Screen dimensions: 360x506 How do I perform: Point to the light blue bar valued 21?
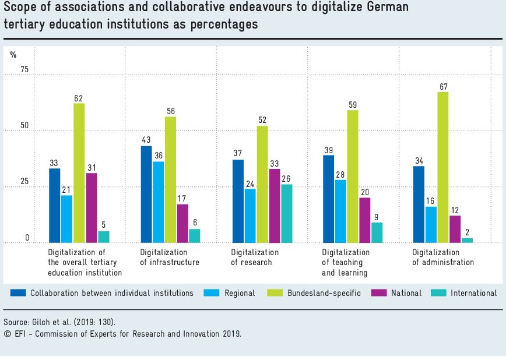(66, 219)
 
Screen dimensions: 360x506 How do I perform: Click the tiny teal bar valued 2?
(468, 240)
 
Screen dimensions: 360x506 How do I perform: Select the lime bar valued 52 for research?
(262, 184)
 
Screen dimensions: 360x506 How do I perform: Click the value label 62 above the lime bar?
(79, 98)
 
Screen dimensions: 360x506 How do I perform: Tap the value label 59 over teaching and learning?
(352, 105)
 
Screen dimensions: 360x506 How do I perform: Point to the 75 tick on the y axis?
(24, 70)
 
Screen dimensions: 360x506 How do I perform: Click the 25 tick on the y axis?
(24, 182)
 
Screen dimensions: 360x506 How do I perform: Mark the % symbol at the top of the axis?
(13, 55)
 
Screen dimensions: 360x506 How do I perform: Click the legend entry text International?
(473, 293)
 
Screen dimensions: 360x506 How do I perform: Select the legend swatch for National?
(379, 293)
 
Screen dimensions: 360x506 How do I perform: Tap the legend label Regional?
(240, 293)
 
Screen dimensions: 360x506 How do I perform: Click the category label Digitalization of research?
(255, 257)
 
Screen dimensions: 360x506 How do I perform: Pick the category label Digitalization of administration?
(443, 257)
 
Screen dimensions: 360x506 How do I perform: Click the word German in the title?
(389, 9)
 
